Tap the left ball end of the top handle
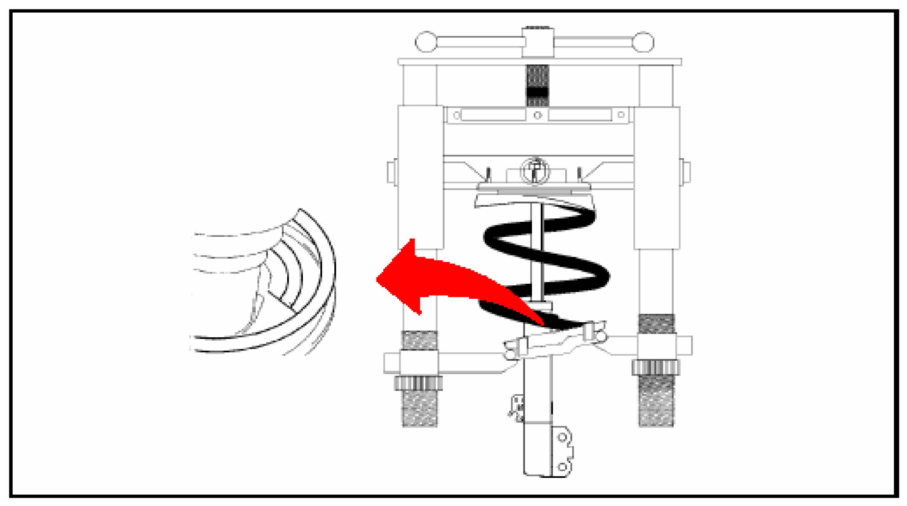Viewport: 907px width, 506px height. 426,42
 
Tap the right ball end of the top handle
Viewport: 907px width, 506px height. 643,42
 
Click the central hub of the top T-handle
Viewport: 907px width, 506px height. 538,42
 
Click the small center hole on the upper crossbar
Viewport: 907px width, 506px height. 537,115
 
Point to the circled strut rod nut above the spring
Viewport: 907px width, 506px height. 535,170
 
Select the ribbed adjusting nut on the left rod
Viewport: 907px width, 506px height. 418,383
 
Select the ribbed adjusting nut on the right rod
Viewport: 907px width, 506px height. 656,367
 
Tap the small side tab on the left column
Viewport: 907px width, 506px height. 392,172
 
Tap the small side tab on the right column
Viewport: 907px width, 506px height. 685,172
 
